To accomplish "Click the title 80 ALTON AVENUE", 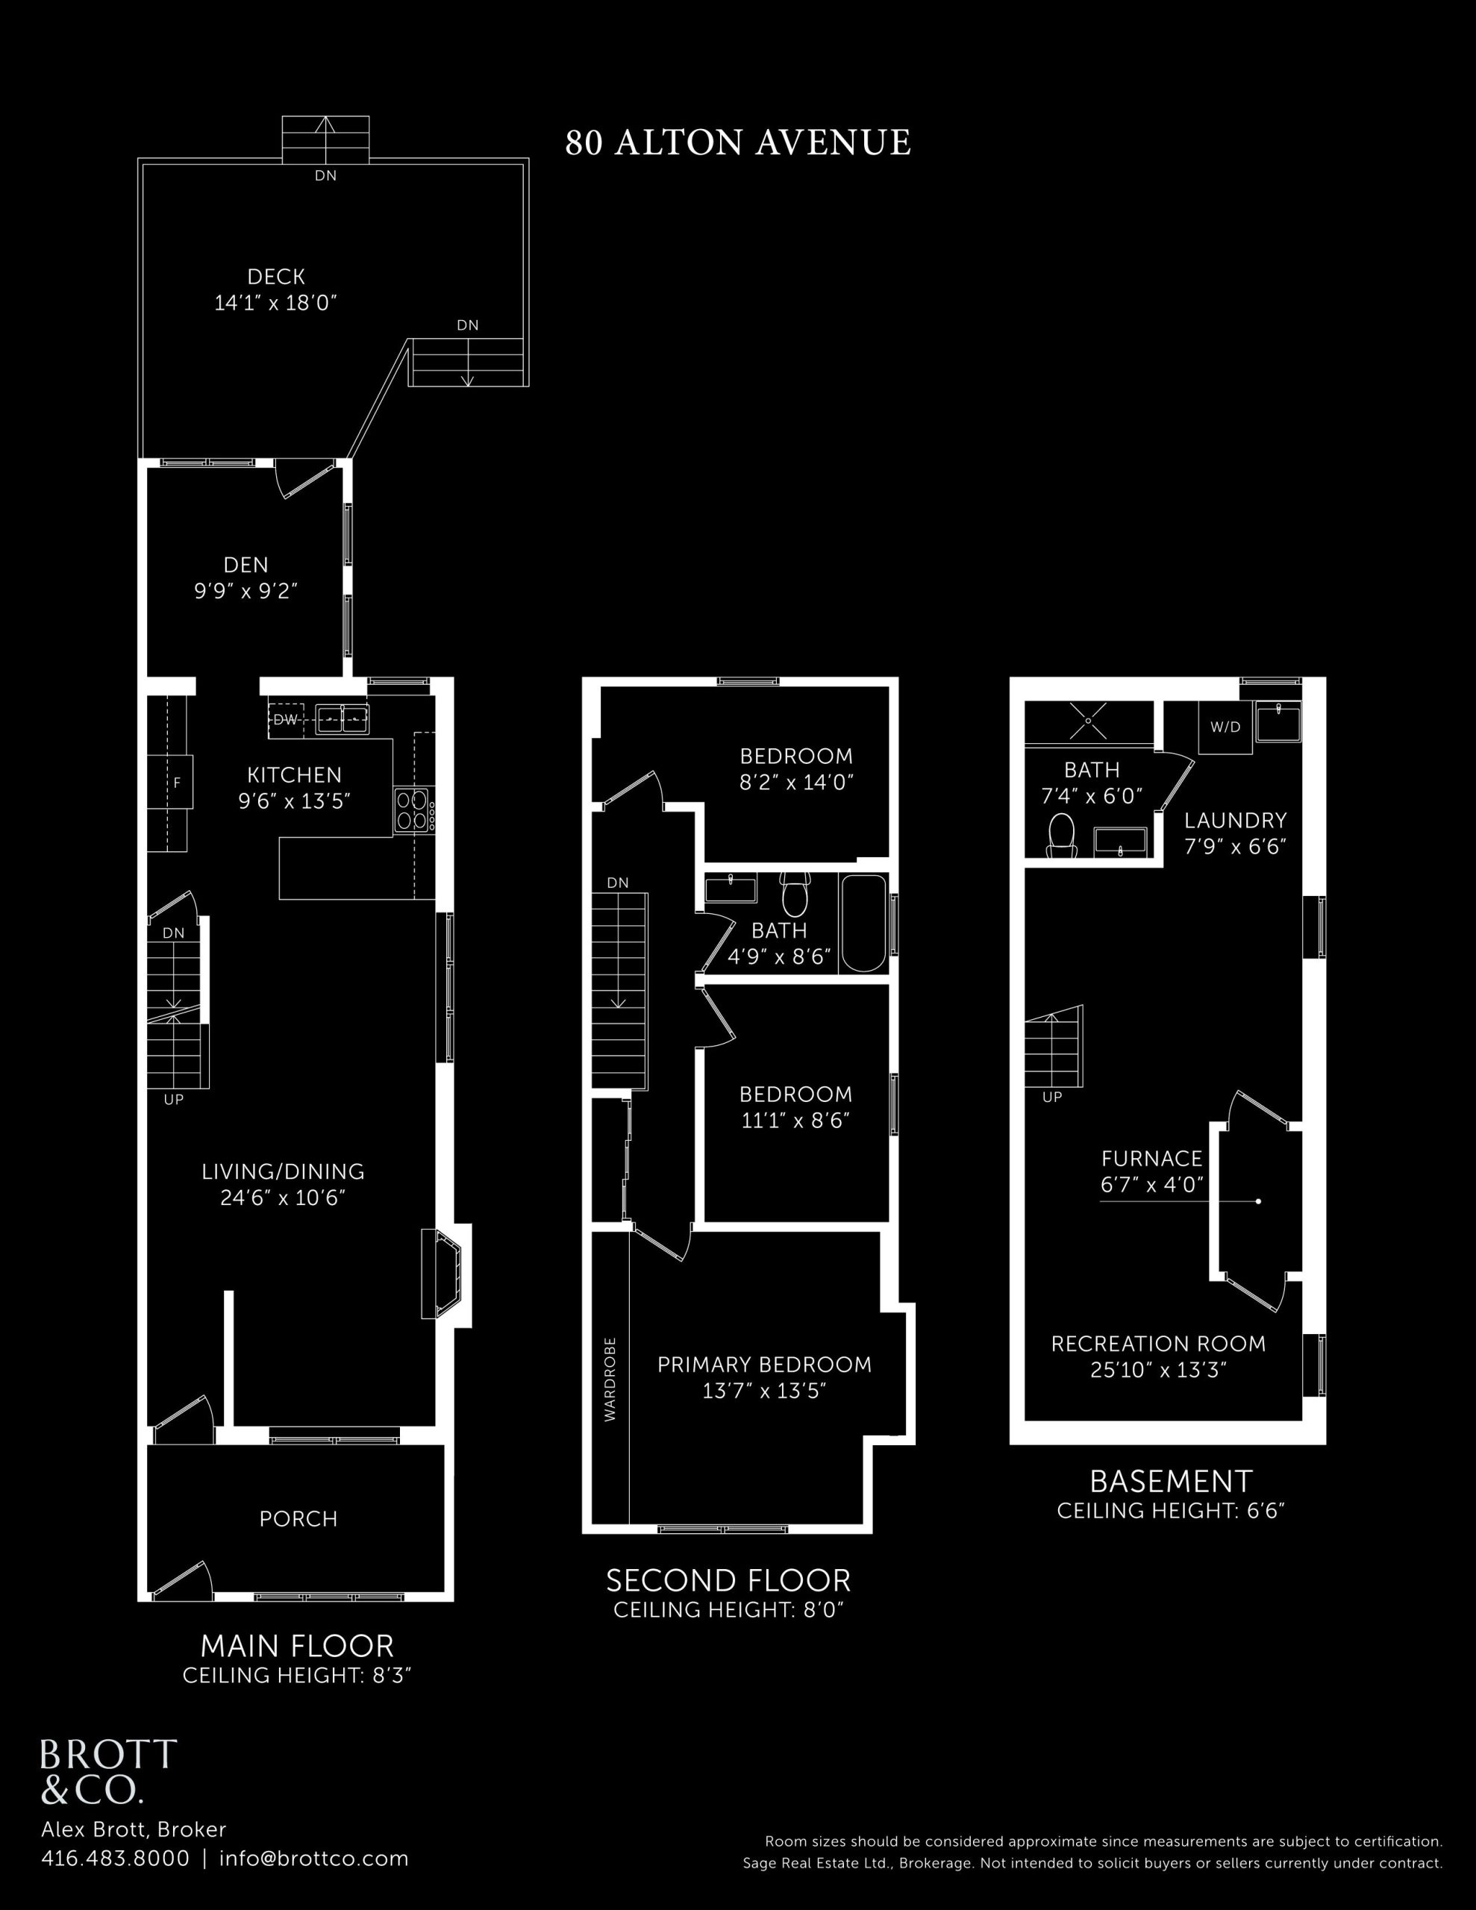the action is click(x=737, y=143).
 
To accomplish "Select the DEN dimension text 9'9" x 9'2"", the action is click(x=246, y=591).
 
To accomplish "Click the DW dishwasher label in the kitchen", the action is click(x=285, y=720).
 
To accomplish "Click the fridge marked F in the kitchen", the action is click(x=177, y=783).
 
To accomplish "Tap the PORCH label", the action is click(x=298, y=1519).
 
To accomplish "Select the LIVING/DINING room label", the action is click(x=283, y=1171).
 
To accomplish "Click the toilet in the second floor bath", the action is click(x=795, y=893).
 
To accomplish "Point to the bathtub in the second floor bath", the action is click(x=863, y=924).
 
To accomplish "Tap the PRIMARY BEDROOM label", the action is click(x=765, y=1365).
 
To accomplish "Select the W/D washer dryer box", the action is click(x=1225, y=727).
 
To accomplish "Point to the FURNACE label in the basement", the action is click(x=1151, y=1159).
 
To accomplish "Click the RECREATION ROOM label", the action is click(x=1158, y=1343).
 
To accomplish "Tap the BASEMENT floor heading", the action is click(x=1171, y=1482).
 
